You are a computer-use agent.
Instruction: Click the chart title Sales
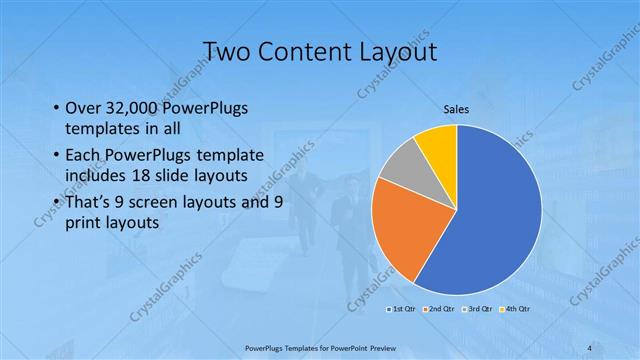point(456,110)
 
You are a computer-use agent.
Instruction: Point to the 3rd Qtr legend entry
point(475,309)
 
